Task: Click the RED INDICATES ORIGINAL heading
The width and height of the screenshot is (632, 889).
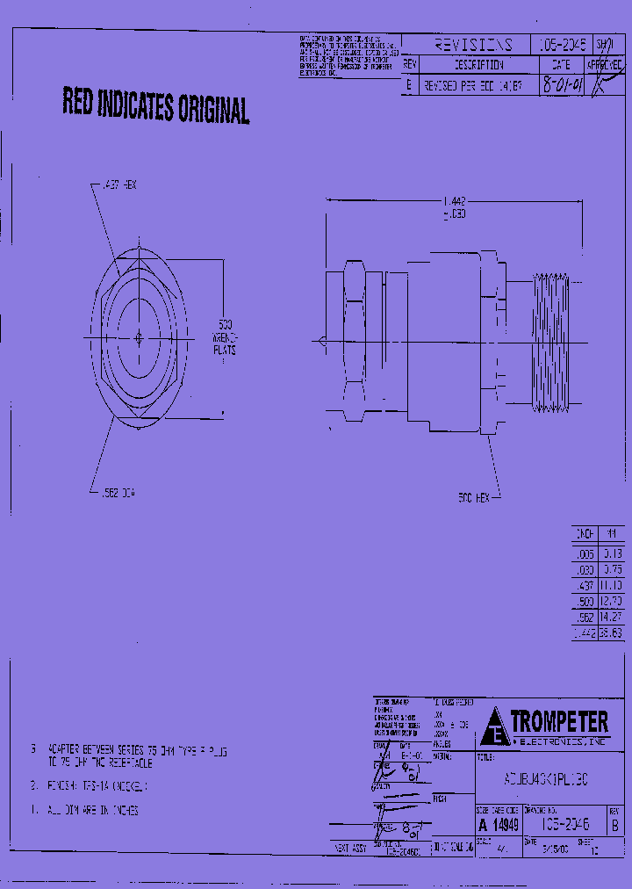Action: (155, 106)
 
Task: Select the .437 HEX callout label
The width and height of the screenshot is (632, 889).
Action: (119, 184)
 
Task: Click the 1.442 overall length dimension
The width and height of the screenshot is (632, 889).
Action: (453, 201)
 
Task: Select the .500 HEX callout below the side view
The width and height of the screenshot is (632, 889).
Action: (473, 498)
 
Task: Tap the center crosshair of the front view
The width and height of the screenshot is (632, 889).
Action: (140, 337)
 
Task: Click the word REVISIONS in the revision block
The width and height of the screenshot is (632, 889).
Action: (473, 45)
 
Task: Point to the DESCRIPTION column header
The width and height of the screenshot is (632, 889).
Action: (478, 65)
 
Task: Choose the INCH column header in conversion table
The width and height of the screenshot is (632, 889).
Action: (584, 533)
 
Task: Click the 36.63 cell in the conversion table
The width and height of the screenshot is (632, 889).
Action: (612, 632)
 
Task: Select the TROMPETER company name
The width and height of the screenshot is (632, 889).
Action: (559, 722)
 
